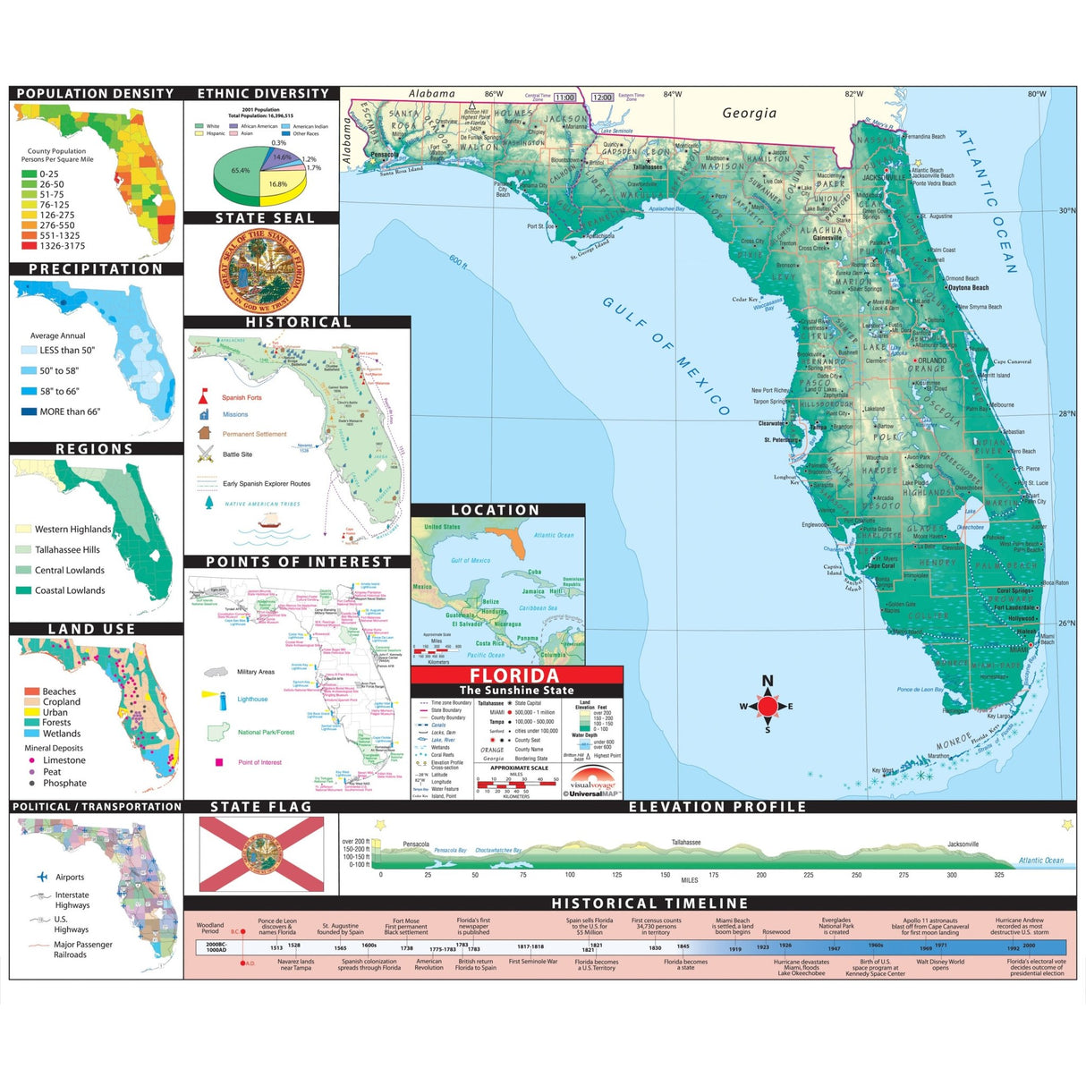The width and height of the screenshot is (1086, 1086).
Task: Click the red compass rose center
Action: click(x=768, y=706)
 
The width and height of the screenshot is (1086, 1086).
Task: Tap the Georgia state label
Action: click(x=749, y=114)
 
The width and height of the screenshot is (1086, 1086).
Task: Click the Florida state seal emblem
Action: click(x=261, y=268)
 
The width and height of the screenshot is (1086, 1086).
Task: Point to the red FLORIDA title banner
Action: click(x=516, y=676)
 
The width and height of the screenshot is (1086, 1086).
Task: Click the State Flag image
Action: click(x=261, y=853)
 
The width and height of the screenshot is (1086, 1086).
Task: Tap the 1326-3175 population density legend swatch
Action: click(x=29, y=245)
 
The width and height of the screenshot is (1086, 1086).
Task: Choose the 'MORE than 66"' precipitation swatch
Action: click(x=29, y=411)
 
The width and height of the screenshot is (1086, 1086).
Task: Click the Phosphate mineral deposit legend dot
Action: click(x=32, y=783)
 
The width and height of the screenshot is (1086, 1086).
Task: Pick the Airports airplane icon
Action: click(x=42, y=877)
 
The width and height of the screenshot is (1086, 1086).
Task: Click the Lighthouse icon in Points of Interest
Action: click(x=211, y=696)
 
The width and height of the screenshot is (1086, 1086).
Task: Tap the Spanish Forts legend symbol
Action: click(x=204, y=395)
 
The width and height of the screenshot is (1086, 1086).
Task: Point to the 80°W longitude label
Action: click(x=1036, y=94)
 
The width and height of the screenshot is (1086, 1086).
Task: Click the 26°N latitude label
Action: click(x=1066, y=624)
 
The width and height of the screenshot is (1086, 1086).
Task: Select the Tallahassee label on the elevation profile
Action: click(x=686, y=843)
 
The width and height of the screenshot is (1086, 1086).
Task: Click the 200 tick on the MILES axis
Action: click(x=760, y=875)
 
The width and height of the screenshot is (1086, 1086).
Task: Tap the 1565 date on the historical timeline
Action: click(x=340, y=948)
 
